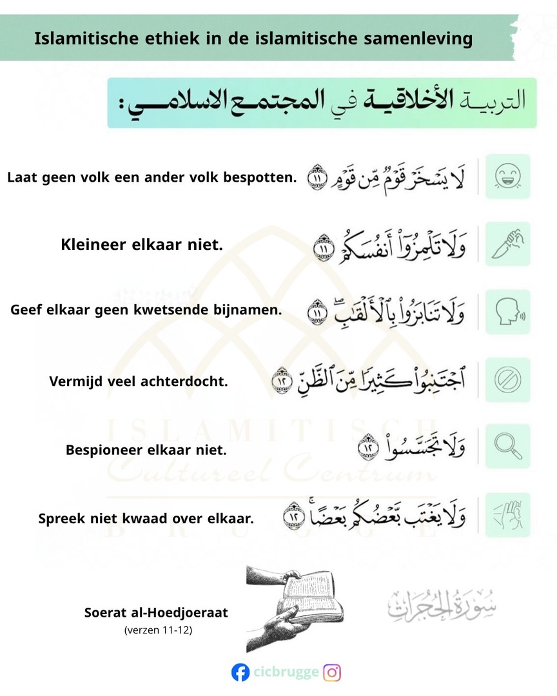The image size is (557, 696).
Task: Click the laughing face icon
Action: click(x=508, y=176)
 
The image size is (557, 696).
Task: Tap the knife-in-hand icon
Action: click(x=508, y=244)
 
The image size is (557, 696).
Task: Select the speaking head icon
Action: click(x=508, y=311)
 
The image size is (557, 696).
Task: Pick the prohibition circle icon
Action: click(x=508, y=380)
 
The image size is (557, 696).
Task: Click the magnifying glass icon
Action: click(x=508, y=446)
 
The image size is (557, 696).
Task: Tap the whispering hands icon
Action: click(x=508, y=514)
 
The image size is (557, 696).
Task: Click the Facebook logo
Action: click(x=240, y=673)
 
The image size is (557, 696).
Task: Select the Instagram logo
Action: click(x=332, y=673)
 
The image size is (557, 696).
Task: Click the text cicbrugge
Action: click(x=286, y=673)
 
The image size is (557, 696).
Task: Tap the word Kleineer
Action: click(x=95, y=245)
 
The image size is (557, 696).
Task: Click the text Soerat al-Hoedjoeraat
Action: click(x=156, y=612)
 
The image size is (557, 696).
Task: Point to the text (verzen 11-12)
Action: click(x=158, y=630)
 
